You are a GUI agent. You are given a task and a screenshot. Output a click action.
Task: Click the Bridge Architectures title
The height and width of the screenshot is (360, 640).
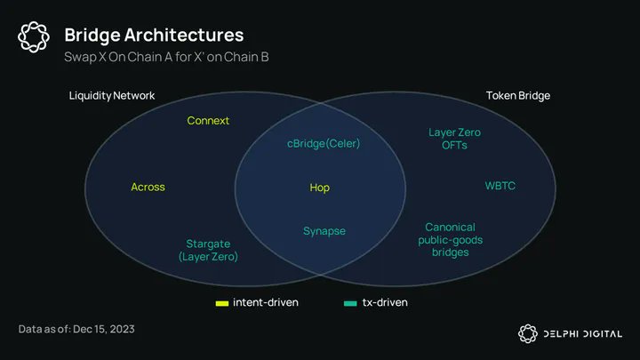tap(153, 36)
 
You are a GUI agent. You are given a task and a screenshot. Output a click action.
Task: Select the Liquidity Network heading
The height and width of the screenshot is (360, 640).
tap(112, 95)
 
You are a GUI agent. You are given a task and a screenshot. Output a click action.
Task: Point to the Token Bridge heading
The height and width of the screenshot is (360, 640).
tap(518, 95)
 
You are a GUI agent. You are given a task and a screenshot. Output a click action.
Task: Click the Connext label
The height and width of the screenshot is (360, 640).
tap(208, 120)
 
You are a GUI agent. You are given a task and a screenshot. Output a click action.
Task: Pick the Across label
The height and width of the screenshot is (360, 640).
tap(148, 187)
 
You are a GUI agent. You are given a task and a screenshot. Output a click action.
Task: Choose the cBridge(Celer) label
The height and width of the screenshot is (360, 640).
tap(324, 143)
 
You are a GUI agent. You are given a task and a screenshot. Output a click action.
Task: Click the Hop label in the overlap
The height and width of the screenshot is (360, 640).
tap(319, 188)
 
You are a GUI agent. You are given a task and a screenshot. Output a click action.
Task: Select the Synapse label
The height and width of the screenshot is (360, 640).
tap(324, 231)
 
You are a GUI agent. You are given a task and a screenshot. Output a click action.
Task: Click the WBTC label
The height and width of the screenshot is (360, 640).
tap(500, 186)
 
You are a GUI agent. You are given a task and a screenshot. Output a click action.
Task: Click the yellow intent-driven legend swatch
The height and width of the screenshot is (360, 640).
tap(222, 303)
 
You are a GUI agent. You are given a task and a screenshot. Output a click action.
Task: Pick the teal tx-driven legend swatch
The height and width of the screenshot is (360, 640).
tap(350, 303)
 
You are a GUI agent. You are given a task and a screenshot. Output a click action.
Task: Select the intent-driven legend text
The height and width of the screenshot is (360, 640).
tap(265, 302)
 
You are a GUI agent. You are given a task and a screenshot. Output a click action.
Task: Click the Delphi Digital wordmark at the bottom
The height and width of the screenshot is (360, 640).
tap(582, 333)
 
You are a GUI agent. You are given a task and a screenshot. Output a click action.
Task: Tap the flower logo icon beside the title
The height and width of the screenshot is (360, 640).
tap(33, 36)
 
